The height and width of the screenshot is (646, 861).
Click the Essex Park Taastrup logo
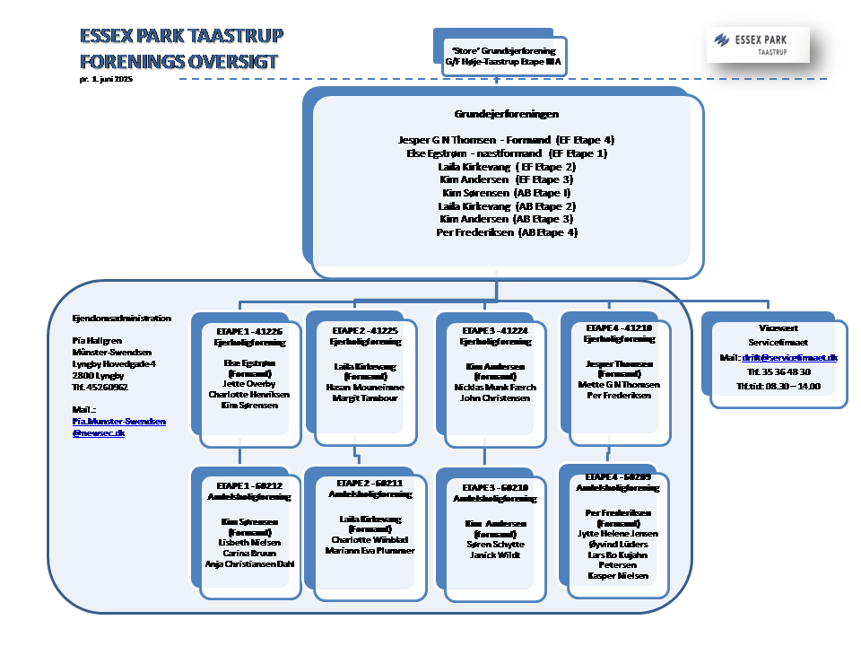758,44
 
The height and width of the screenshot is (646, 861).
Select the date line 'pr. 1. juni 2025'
106,80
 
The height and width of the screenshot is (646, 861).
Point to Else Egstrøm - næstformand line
507,153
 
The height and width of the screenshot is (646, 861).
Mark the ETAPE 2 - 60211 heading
370,483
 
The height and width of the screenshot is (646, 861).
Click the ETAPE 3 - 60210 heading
494,486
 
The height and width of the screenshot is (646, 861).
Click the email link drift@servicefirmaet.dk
789,357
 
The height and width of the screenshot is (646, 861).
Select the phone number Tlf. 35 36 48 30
778,371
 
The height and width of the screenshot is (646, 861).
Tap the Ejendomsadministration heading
121,318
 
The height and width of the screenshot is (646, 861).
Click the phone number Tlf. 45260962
100,387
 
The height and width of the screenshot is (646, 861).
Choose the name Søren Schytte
495,544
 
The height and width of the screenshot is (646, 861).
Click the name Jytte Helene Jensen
618,533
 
